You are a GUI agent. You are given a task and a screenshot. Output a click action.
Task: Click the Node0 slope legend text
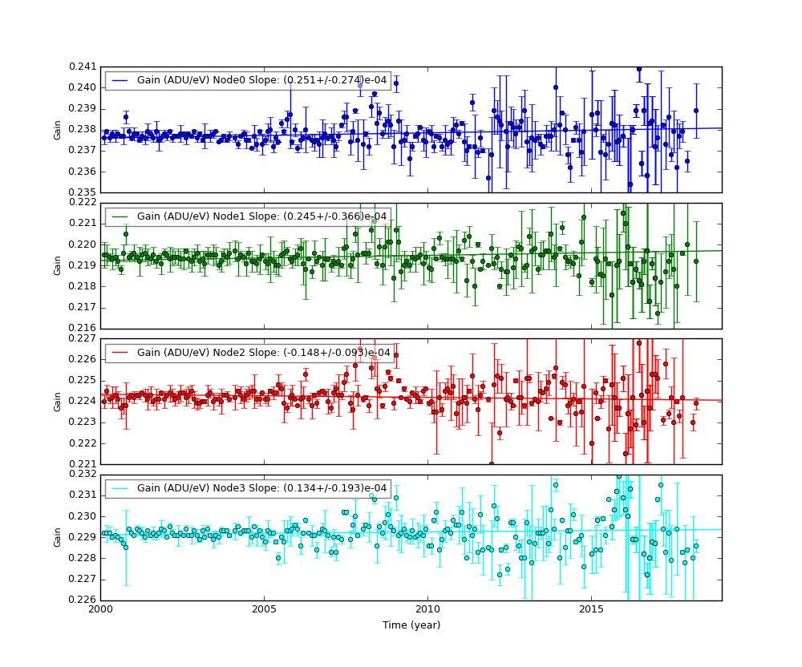click(261, 80)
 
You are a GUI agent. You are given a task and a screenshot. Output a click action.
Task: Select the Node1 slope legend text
click(261, 216)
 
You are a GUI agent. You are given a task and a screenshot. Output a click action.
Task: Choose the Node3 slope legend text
click(261, 488)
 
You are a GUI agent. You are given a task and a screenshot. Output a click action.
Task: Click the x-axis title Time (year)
click(411, 625)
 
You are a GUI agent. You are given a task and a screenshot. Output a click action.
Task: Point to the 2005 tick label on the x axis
click(264, 611)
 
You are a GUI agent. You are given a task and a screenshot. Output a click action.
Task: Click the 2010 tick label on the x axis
click(427, 611)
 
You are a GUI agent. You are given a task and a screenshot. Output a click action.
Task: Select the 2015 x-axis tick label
click(591, 611)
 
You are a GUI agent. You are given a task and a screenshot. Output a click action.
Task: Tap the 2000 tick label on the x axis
click(100, 611)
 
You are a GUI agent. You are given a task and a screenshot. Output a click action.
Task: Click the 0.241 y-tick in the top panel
click(83, 67)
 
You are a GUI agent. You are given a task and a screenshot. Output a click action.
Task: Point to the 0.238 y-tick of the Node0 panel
click(83, 129)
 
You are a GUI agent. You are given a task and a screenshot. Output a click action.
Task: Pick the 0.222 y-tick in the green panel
click(83, 203)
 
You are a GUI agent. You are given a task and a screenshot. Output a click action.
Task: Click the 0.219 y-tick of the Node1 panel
click(83, 265)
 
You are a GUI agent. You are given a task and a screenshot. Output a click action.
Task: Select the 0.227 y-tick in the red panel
click(83, 338)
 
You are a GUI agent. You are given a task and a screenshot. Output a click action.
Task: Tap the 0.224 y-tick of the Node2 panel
click(83, 401)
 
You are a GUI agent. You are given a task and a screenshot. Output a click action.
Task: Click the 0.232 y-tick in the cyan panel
click(83, 475)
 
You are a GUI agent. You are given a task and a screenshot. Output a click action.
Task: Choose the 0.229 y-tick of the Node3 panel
click(83, 537)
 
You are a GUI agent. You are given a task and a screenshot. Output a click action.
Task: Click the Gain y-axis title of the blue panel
click(58, 130)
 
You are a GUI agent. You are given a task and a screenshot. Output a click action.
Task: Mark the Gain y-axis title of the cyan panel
click(58, 537)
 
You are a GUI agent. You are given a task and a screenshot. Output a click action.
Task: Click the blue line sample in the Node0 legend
click(120, 80)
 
